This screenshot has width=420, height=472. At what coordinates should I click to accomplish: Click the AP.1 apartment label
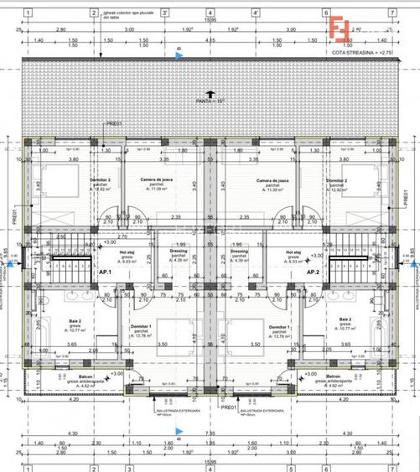pyautogui.click(x=105, y=272)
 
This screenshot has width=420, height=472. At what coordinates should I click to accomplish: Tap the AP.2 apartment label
pyautogui.click(x=313, y=272)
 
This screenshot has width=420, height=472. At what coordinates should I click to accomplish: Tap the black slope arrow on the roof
pyautogui.click(x=210, y=93)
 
